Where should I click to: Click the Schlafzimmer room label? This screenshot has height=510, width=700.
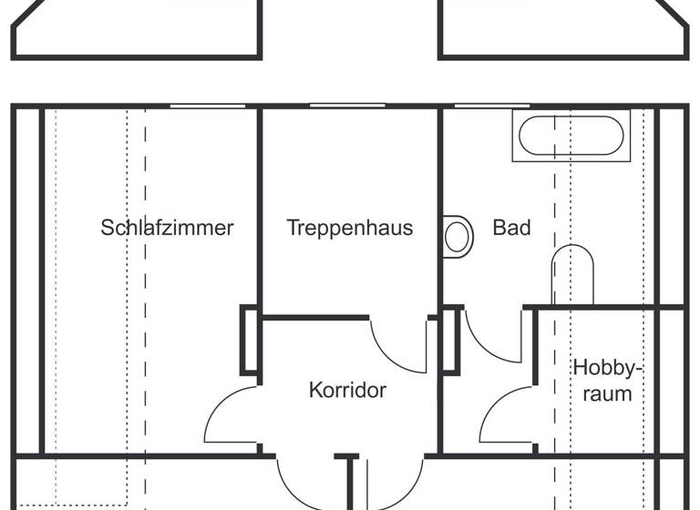(167, 228)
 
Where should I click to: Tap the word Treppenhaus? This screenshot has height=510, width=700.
(350, 228)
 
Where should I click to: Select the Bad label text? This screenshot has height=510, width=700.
(511, 228)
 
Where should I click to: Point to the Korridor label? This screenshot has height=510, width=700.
(348, 391)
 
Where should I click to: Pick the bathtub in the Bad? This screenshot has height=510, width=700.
(571, 137)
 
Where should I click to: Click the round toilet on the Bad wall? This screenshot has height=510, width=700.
(458, 236)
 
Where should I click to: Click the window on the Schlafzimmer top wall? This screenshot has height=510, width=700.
(207, 107)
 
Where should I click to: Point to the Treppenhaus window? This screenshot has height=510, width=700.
(347, 106)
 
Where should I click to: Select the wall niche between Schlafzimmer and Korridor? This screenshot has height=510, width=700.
(249, 341)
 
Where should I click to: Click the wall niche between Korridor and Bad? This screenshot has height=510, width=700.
(449, 341)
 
